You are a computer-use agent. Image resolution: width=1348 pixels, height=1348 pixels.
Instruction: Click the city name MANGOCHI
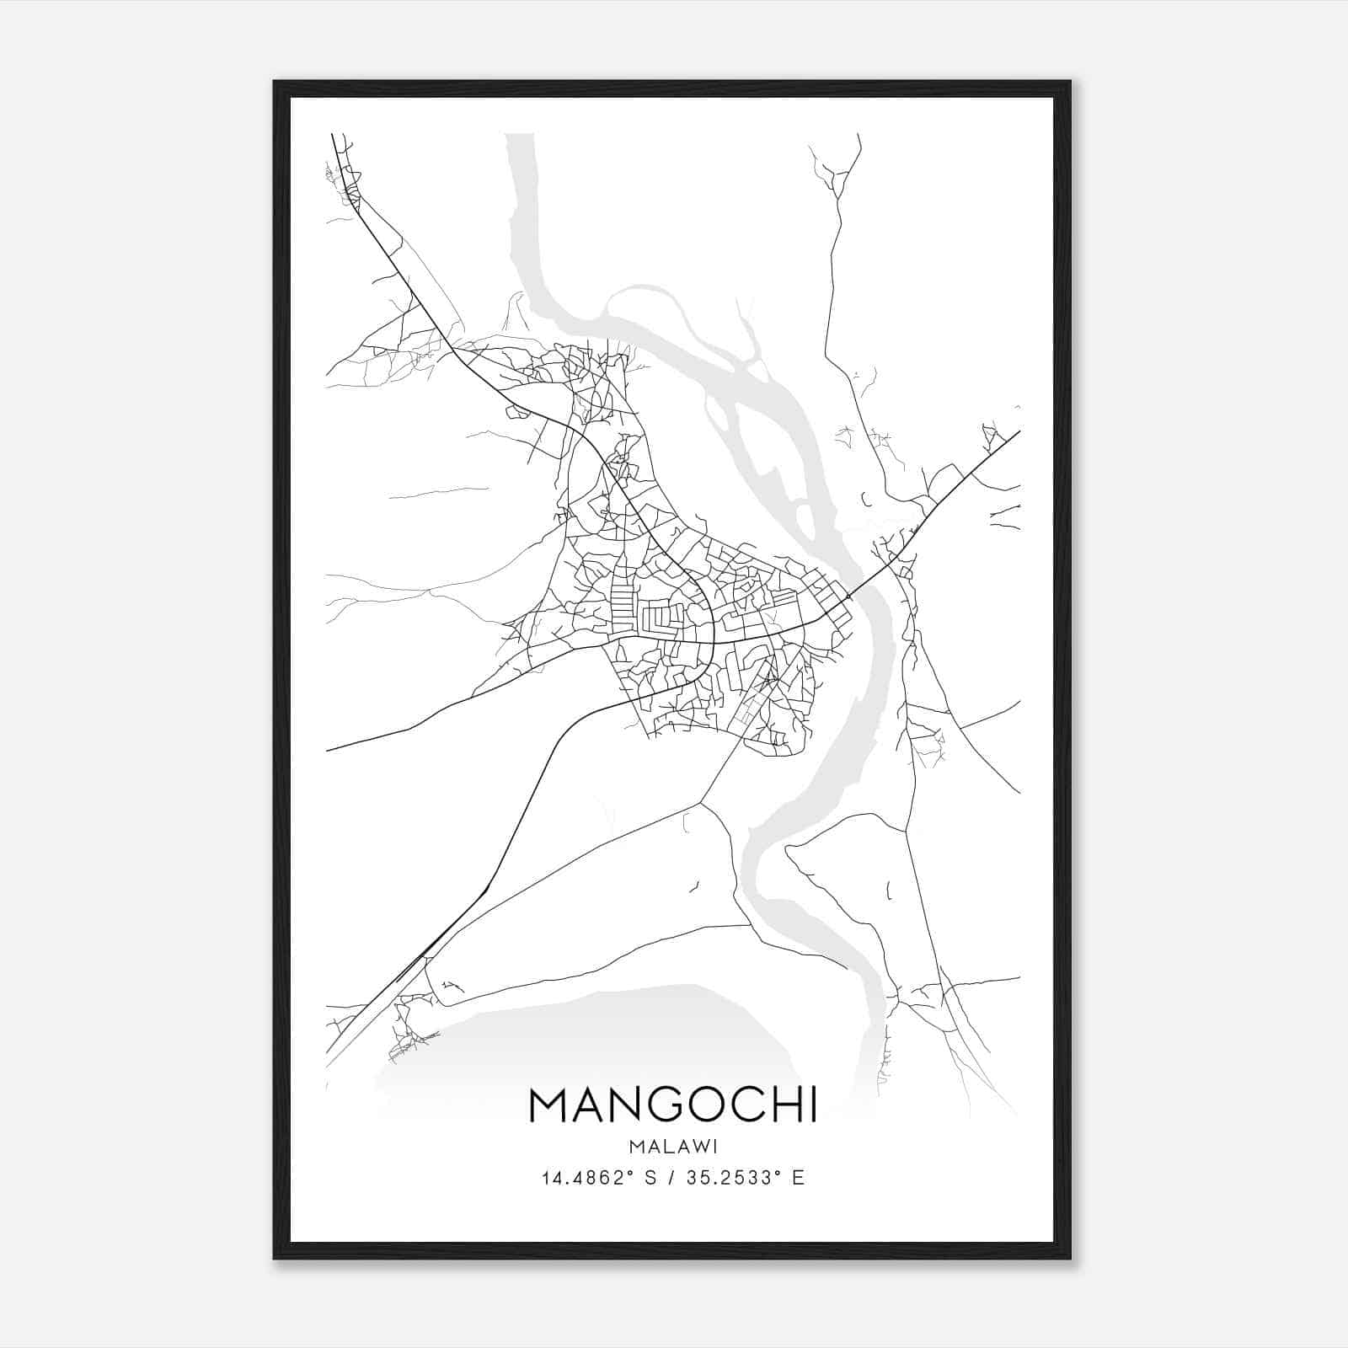pos(672,1105)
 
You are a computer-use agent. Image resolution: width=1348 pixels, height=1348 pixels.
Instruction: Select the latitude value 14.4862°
pos(587,1178)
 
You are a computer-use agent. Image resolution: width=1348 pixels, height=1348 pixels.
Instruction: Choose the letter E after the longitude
pos(798,1178)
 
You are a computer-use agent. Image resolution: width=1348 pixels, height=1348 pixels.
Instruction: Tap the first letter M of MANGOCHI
pos(548,1105)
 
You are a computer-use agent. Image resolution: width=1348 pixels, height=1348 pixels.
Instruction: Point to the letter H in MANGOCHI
pos(777,1105)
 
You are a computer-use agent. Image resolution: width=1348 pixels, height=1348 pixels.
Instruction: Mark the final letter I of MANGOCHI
pos(812,1105)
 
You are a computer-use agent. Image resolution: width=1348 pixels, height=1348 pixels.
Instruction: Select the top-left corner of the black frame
pos(274,82)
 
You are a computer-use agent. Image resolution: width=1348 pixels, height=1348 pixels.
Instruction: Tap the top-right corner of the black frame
pos(1070,82)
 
